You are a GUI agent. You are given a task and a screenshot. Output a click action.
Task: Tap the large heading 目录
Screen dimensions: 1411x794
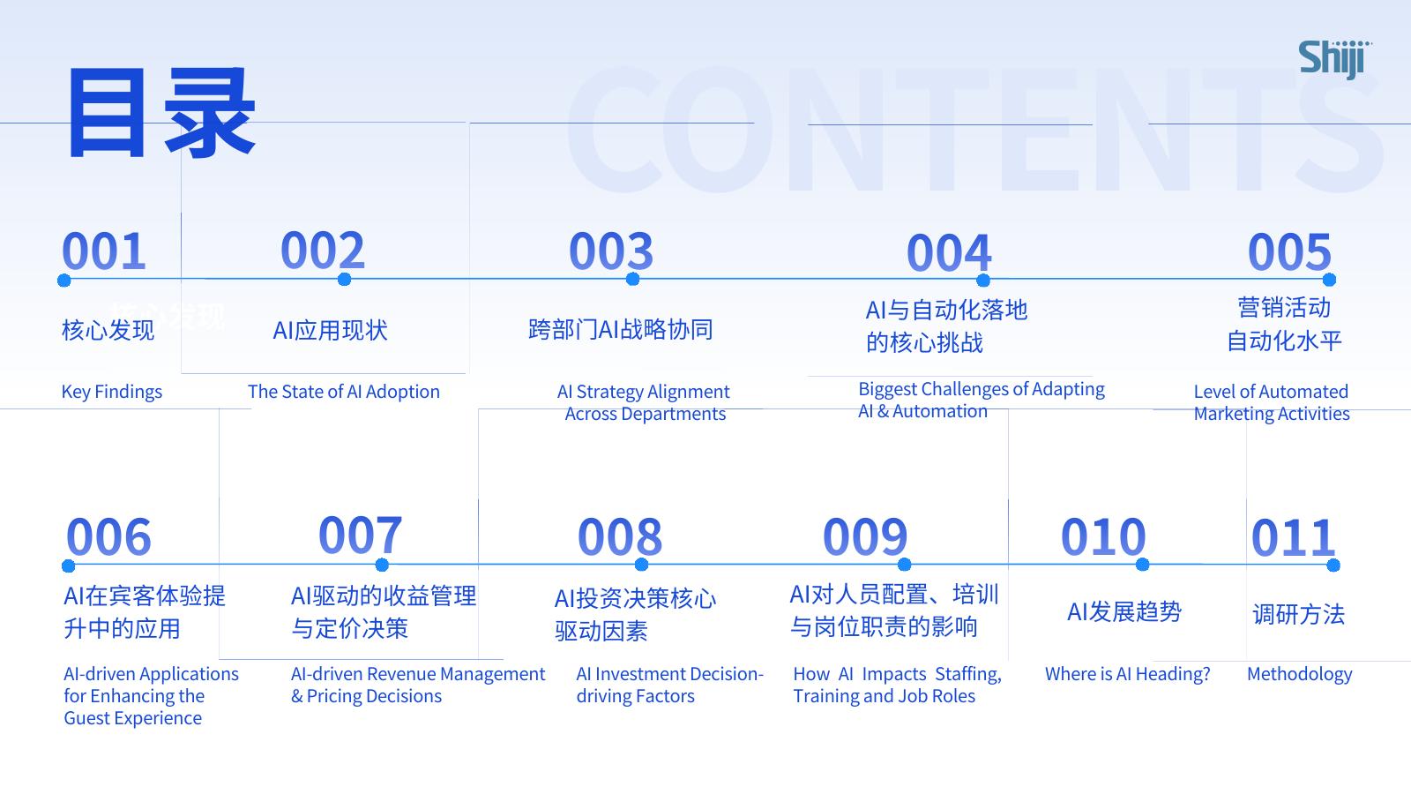pos(161,112)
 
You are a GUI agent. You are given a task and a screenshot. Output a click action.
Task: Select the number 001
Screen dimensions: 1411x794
pos(104,251)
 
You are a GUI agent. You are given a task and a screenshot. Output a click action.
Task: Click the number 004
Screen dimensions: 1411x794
pos(949,252)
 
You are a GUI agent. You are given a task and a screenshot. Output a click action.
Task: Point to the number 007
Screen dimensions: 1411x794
pos(360,535)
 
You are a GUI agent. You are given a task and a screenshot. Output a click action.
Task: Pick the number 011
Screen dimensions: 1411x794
pos(1293,537)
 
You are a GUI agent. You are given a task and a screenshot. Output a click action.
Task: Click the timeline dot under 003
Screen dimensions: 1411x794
pos(632,279)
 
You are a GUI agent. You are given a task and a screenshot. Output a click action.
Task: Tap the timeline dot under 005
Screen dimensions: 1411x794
pos(1329,280)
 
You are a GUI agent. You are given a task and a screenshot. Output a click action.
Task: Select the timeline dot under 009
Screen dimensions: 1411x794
pos(904,564)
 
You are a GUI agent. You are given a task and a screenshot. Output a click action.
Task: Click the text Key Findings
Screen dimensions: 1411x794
pos(111,392)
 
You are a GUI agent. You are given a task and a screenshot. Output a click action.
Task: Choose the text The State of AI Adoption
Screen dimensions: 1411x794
pos(343,392)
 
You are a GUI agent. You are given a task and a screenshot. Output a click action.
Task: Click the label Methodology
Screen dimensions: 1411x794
pos(1300,674)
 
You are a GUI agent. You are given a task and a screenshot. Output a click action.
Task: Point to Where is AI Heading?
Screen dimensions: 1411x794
pos(1128,674)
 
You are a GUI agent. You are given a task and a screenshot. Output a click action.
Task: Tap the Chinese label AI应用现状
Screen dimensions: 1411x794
pos(330,330)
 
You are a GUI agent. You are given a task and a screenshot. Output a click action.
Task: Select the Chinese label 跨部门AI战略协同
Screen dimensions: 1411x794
pos(621,330)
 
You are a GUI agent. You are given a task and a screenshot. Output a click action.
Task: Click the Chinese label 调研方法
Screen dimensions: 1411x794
pos(1298,614)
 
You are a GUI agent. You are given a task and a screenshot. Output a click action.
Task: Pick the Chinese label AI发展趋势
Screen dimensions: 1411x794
pos(1124,612)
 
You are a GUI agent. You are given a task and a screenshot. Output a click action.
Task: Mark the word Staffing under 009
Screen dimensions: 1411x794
pos(968,674)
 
